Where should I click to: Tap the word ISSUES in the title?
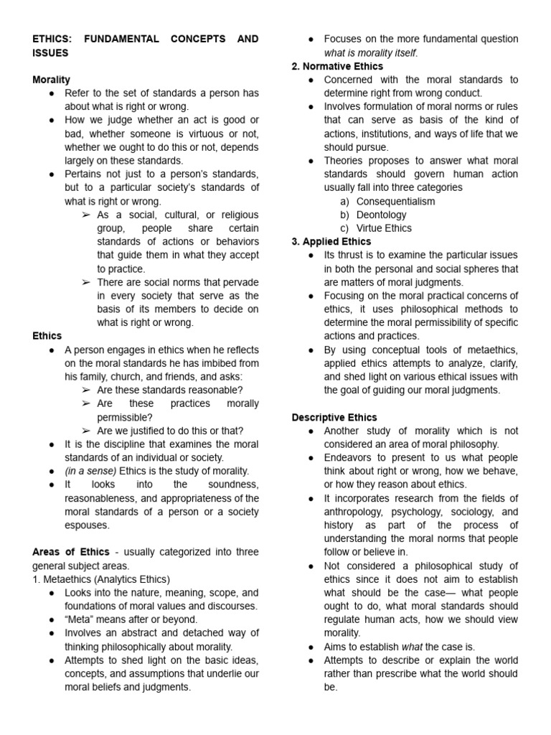tap(50, 53)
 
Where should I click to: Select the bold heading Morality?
tap(51, 80)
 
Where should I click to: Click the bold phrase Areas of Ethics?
tap(71, 552)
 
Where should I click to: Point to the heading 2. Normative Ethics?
tap(337, 66)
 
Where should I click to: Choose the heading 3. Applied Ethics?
tap(331, 241)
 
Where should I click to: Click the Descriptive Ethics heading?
tap(334, 417)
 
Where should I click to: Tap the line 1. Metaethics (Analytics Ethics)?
tap(100, 579)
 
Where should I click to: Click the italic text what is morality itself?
tap(370, 52)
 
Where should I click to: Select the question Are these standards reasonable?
tap(170, 390)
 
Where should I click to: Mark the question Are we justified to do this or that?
tap(170, 431)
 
